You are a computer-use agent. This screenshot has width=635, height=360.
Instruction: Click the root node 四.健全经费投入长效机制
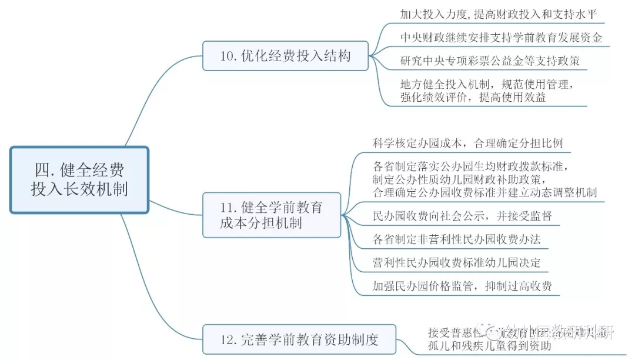(x=79, y=180)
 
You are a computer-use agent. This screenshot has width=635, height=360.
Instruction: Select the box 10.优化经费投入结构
(x=285, y=56)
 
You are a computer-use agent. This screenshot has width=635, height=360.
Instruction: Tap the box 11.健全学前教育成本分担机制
(x=272, y=215)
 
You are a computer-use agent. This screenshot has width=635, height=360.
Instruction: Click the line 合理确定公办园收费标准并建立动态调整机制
(x=485, y=192)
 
